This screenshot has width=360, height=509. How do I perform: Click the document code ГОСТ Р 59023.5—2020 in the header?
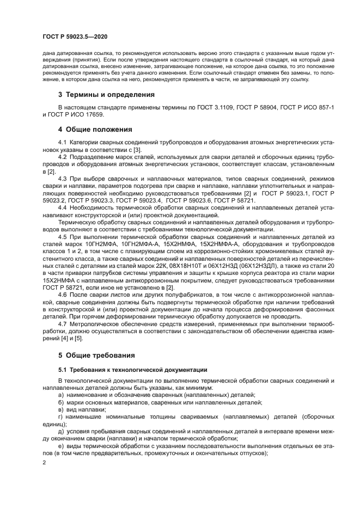(75, 36)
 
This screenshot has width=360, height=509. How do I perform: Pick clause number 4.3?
(63, 179)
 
